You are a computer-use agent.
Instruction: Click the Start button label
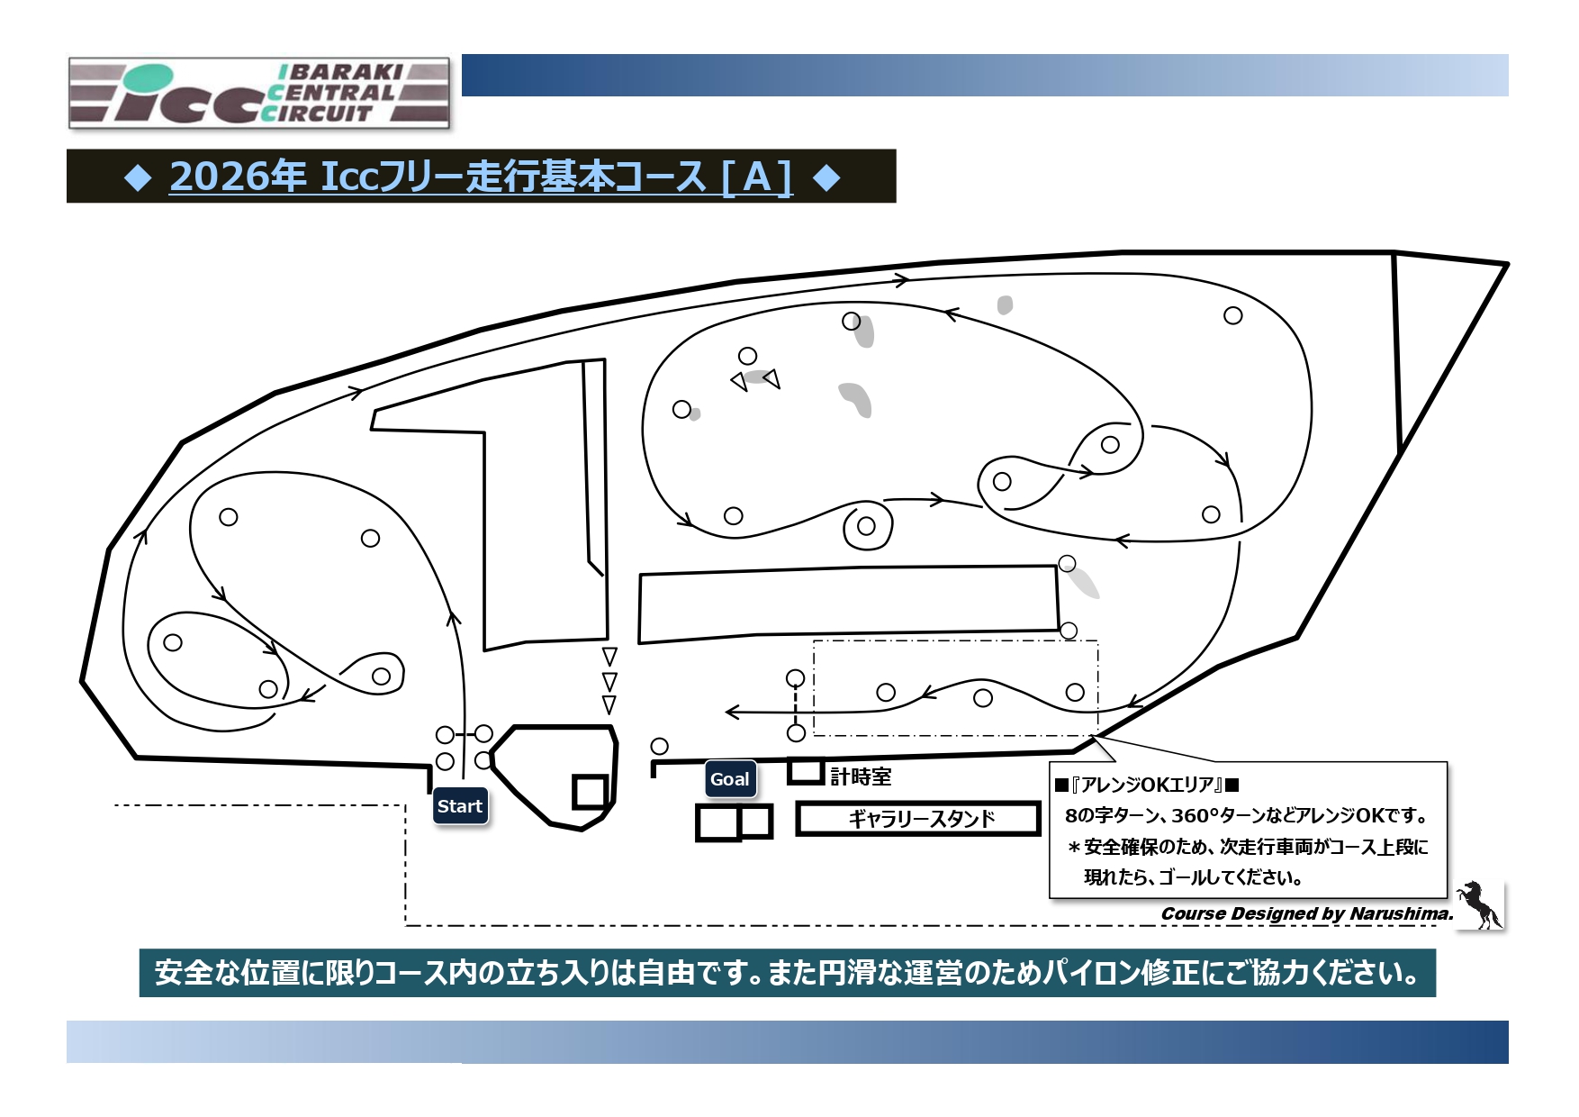pyautogui.click(x=460, y=806)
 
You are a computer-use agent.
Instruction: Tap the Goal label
pyautogui.click(x=729, y=779)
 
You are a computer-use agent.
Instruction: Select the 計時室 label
pyautogui.click(x=861, y=776)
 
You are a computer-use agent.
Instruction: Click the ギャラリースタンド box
pyautogui.click(x=918, y=819)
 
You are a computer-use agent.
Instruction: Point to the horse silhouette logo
pyautogui.click(x=1479, y=904)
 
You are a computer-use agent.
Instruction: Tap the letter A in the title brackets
pyautogui.click(x=757, y=177)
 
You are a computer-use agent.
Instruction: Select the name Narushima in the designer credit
pyautogui.click(x=1400, y=913)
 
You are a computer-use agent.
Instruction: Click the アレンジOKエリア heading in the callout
pyautogui.click(x=1146, y=785)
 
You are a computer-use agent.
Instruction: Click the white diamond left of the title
pyautogui.click(x=138, y=177)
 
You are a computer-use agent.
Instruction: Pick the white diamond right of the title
pyautogui.click(x=826, y=177)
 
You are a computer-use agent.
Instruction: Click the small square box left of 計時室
pyautogui.click(x=806, y=771)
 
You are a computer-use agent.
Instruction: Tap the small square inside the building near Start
pyautogui.click(x=590, y=792)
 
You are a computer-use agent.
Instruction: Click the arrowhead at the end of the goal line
pyautogui.click(x=731, y=713)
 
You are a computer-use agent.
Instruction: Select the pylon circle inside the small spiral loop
pyautogui.click(x=866, y=526)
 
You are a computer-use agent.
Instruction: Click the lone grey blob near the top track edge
pyautogui.click(x=1005, y=305)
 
